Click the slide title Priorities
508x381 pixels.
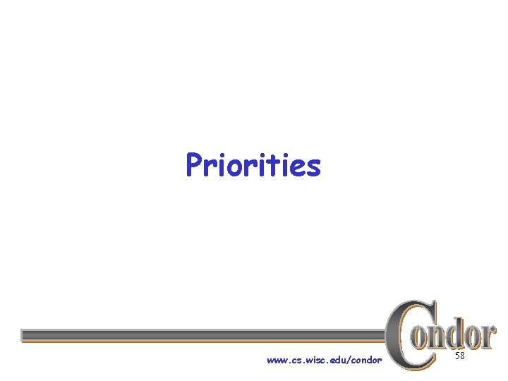tap(253, 166)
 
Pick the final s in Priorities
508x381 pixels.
tap(313, 169)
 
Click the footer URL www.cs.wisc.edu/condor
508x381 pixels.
tap(324, 361)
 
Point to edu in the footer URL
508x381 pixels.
tap(338, 361)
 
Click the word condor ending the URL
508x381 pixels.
tap(366, 361)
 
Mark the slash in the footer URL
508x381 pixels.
tap(349, 361)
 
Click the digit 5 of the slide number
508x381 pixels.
tap(457, 357)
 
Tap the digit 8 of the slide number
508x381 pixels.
tap(463, 357)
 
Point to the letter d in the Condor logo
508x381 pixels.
tap(456, 333)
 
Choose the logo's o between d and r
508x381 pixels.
tap(471, 337)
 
